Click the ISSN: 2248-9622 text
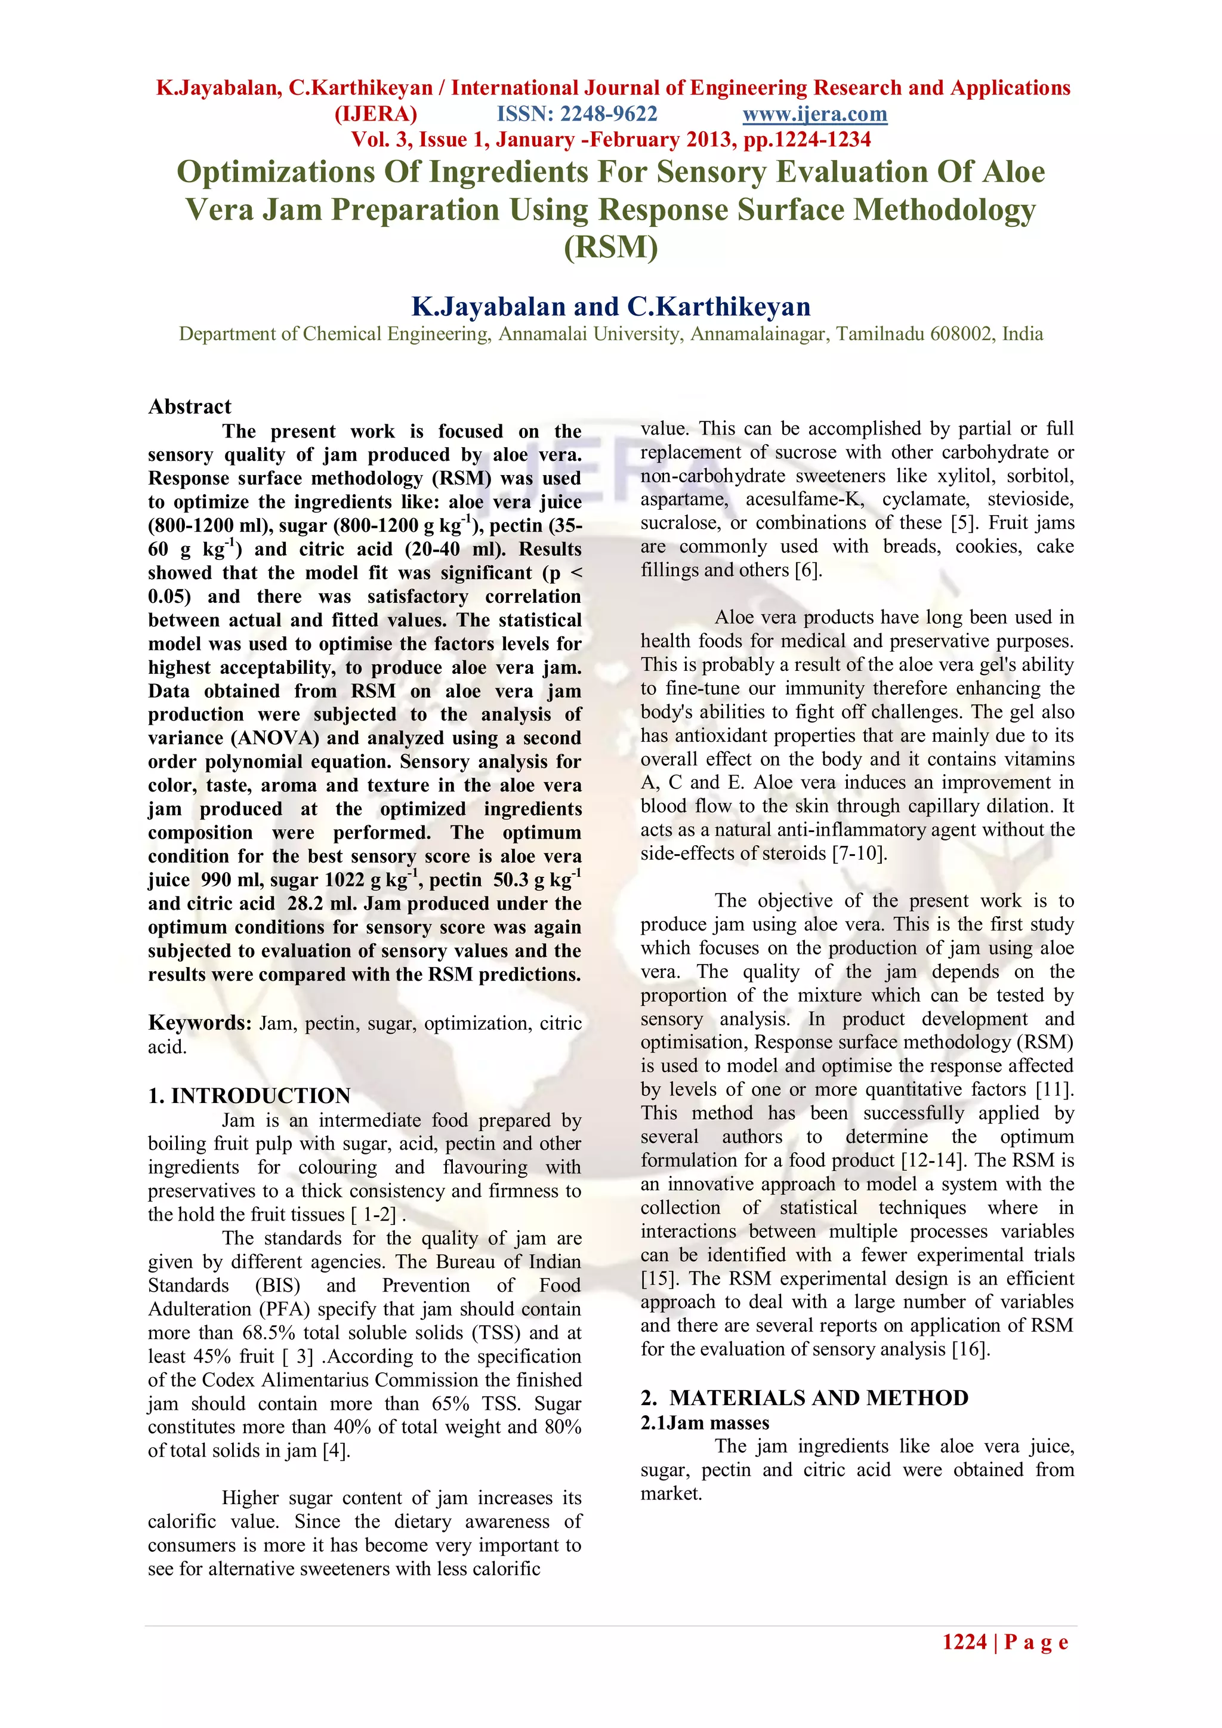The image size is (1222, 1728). coord(577,115)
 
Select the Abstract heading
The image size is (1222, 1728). coord(190,406)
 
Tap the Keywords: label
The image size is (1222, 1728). coord(199,1023)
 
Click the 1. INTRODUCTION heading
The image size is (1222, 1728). coord(249,1095)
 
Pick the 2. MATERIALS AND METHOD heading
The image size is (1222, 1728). coord(804,1397)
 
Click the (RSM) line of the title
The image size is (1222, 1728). coord(610,247)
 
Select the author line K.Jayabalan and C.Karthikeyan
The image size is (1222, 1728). coord(610,306)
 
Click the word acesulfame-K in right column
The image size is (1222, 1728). coord(804,500)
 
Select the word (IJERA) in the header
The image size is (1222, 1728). coord(375,115)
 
